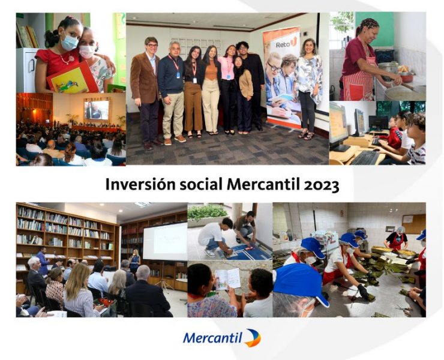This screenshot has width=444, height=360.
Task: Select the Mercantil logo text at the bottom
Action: (212, 338)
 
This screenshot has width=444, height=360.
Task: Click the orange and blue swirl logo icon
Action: (253, 338)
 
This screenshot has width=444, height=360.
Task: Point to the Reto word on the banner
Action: (283, 46)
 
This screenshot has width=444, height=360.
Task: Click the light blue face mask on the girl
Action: (70, 41)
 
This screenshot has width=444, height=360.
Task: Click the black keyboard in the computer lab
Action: (365, 158)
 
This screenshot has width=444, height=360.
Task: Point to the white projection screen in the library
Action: (165, 241)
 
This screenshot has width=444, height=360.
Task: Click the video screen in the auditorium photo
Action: (96, 110)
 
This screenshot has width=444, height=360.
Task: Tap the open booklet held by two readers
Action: (227, 278)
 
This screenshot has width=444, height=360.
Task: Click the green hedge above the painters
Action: (208, 212)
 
